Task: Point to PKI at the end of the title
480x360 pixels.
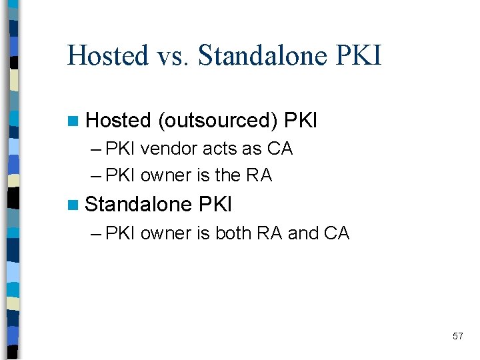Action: coord(360,55)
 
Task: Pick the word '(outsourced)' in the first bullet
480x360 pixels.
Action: coord(218,121)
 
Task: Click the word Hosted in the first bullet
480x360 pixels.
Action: coord(119,121)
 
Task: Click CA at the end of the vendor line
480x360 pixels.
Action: coord(280,149)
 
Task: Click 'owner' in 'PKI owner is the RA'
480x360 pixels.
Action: coord(166,175)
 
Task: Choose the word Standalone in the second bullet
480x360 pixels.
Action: coord(139,204)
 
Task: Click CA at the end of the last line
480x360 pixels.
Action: coord(337,233)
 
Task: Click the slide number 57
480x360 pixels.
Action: coord(457,336)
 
